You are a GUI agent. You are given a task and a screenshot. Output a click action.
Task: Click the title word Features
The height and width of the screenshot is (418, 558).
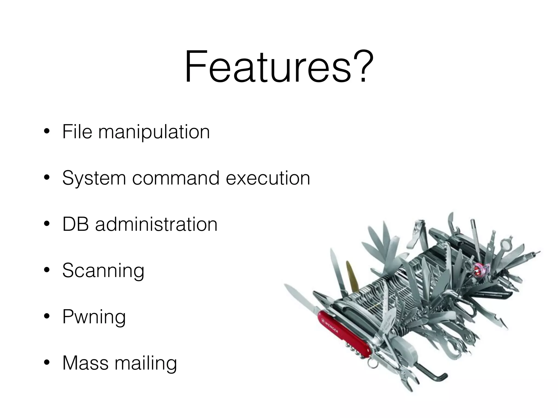tap(267, 67)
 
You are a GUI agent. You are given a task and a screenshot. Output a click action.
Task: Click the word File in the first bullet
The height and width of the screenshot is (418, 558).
tap(77, 132)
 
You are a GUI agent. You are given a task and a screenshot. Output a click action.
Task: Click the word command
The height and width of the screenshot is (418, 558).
tap(176, 178)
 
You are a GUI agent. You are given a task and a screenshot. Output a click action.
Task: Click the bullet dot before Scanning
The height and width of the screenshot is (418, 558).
tap(47, 270)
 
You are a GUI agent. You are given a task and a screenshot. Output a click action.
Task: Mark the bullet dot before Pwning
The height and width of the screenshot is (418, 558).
tap(47, 316)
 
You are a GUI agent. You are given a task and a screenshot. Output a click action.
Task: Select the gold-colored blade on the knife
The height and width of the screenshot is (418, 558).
tap(351, 275)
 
